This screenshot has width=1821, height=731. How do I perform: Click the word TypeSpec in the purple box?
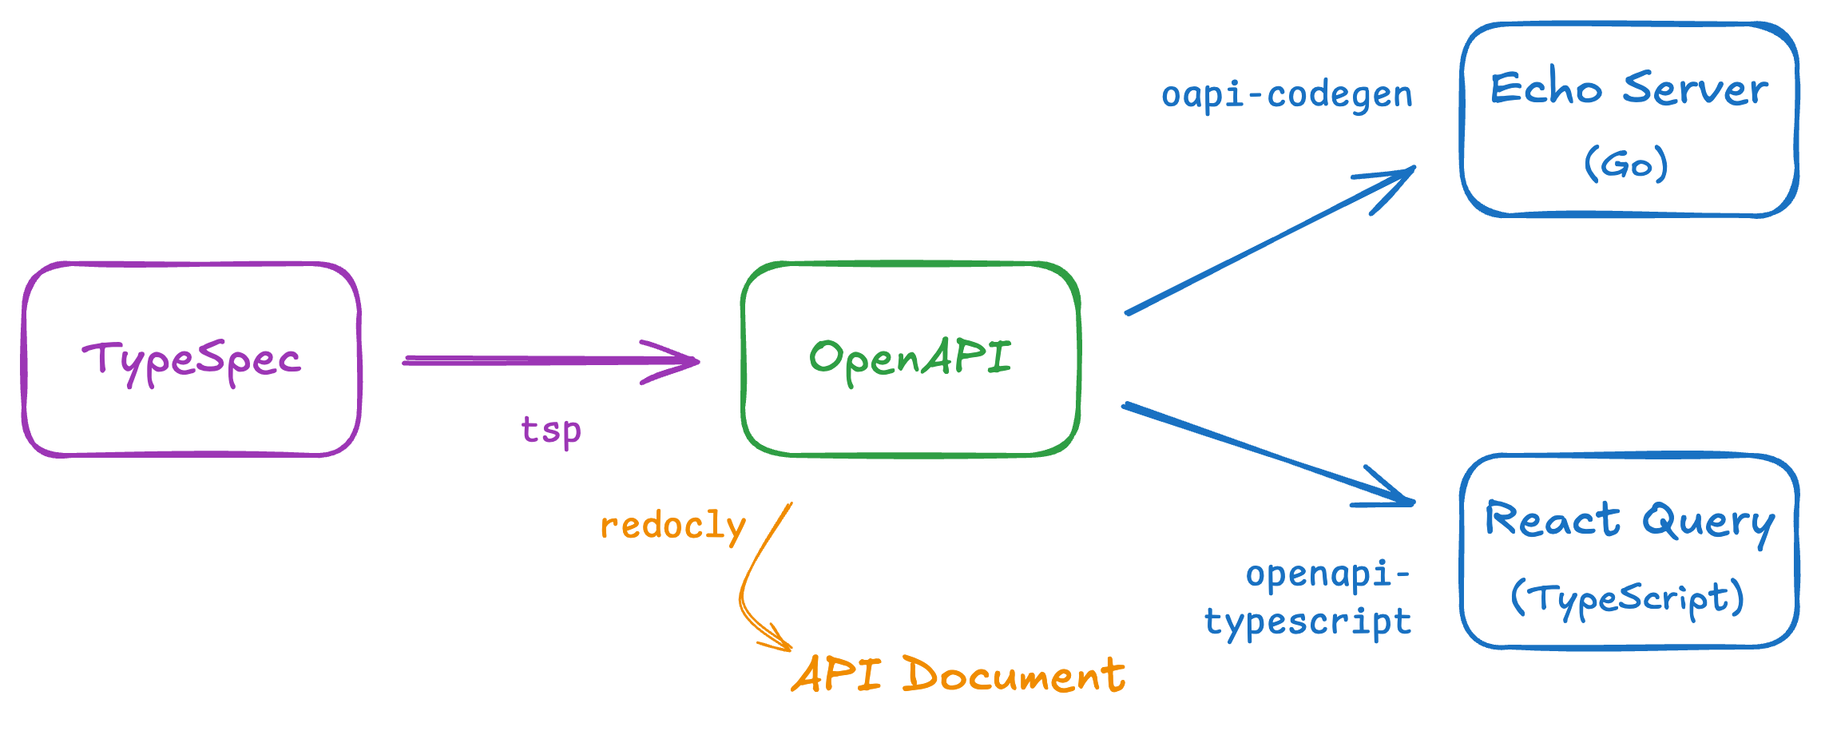point(192,361)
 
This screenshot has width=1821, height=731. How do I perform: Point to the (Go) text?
point(1626,164)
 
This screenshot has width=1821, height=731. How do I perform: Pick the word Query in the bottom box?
point(1708,523)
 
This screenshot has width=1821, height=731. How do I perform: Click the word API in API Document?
point(836,675)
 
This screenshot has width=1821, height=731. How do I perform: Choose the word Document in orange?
point(1014,676)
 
